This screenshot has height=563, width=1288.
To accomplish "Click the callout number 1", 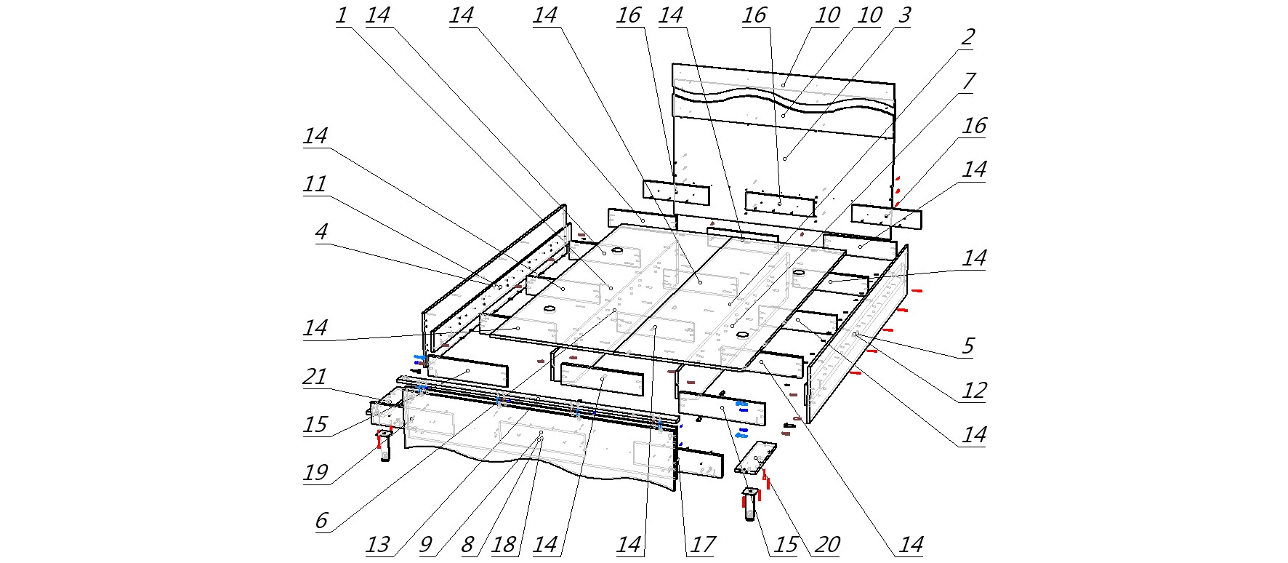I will point(342,15).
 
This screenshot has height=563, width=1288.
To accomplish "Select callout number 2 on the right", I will point(967,37).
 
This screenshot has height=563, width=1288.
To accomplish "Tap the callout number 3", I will point(904,15).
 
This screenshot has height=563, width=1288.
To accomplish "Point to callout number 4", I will point(321,232).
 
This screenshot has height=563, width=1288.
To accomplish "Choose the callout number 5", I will point(967,346).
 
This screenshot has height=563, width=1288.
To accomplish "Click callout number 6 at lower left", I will point(321,521).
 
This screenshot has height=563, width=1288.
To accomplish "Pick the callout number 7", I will point(967,81).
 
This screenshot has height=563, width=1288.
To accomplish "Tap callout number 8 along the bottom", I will point(467,545).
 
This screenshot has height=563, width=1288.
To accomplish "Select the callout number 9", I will point(426,545).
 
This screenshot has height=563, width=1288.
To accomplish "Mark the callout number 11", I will point(315,184).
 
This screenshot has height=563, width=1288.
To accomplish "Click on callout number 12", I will point(974,391).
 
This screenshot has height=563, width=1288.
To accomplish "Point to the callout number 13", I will point(377,545).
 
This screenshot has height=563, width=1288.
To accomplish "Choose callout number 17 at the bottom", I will point(702,545).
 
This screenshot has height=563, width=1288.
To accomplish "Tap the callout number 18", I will point(504,545).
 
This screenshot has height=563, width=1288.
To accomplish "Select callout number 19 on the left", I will point(315,473).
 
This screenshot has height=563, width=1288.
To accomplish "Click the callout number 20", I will point(827,545).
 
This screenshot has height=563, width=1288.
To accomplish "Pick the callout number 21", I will point(315,377).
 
